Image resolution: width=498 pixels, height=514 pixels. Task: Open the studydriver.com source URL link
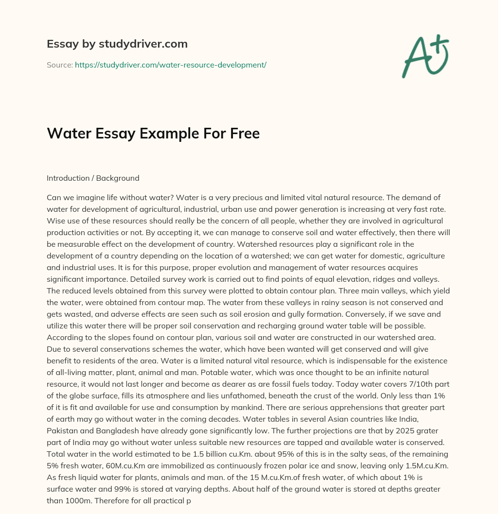(170, 65)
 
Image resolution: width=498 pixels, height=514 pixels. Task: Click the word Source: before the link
(59, 65)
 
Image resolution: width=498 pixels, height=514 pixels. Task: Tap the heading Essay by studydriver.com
(117, 44)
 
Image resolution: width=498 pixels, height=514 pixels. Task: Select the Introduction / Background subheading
(93, 178)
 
